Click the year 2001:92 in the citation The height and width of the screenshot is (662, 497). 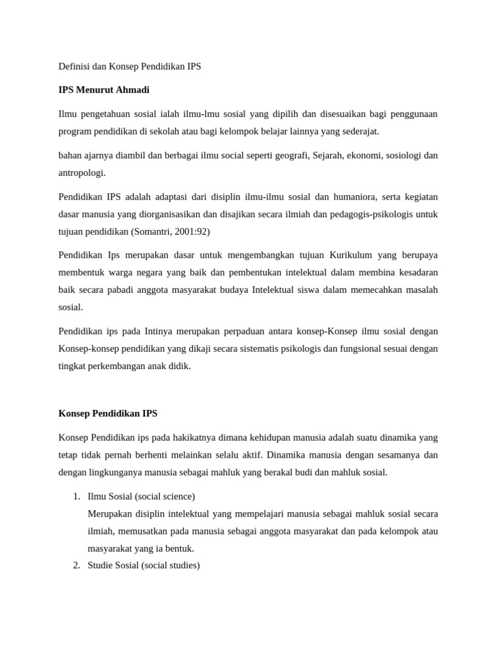click(x=192, y=231)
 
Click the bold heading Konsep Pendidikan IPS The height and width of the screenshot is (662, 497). click(x=107, y=413)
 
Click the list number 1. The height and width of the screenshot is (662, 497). click(x=76, y=496)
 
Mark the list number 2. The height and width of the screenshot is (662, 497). click(x=76, y=566)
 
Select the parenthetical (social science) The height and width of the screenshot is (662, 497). click(x=164, y=496)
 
